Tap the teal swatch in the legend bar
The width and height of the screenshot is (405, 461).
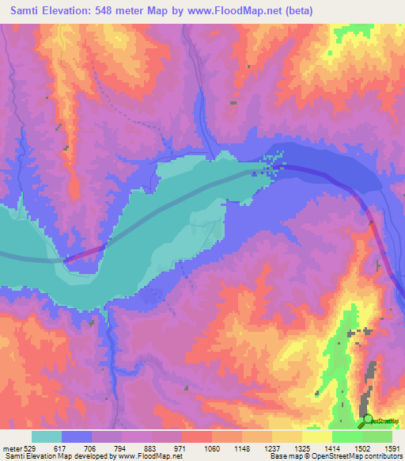pos(47,436)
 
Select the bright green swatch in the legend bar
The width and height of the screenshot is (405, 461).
pos(347,436)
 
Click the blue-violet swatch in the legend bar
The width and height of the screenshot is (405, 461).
pos(77,436)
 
